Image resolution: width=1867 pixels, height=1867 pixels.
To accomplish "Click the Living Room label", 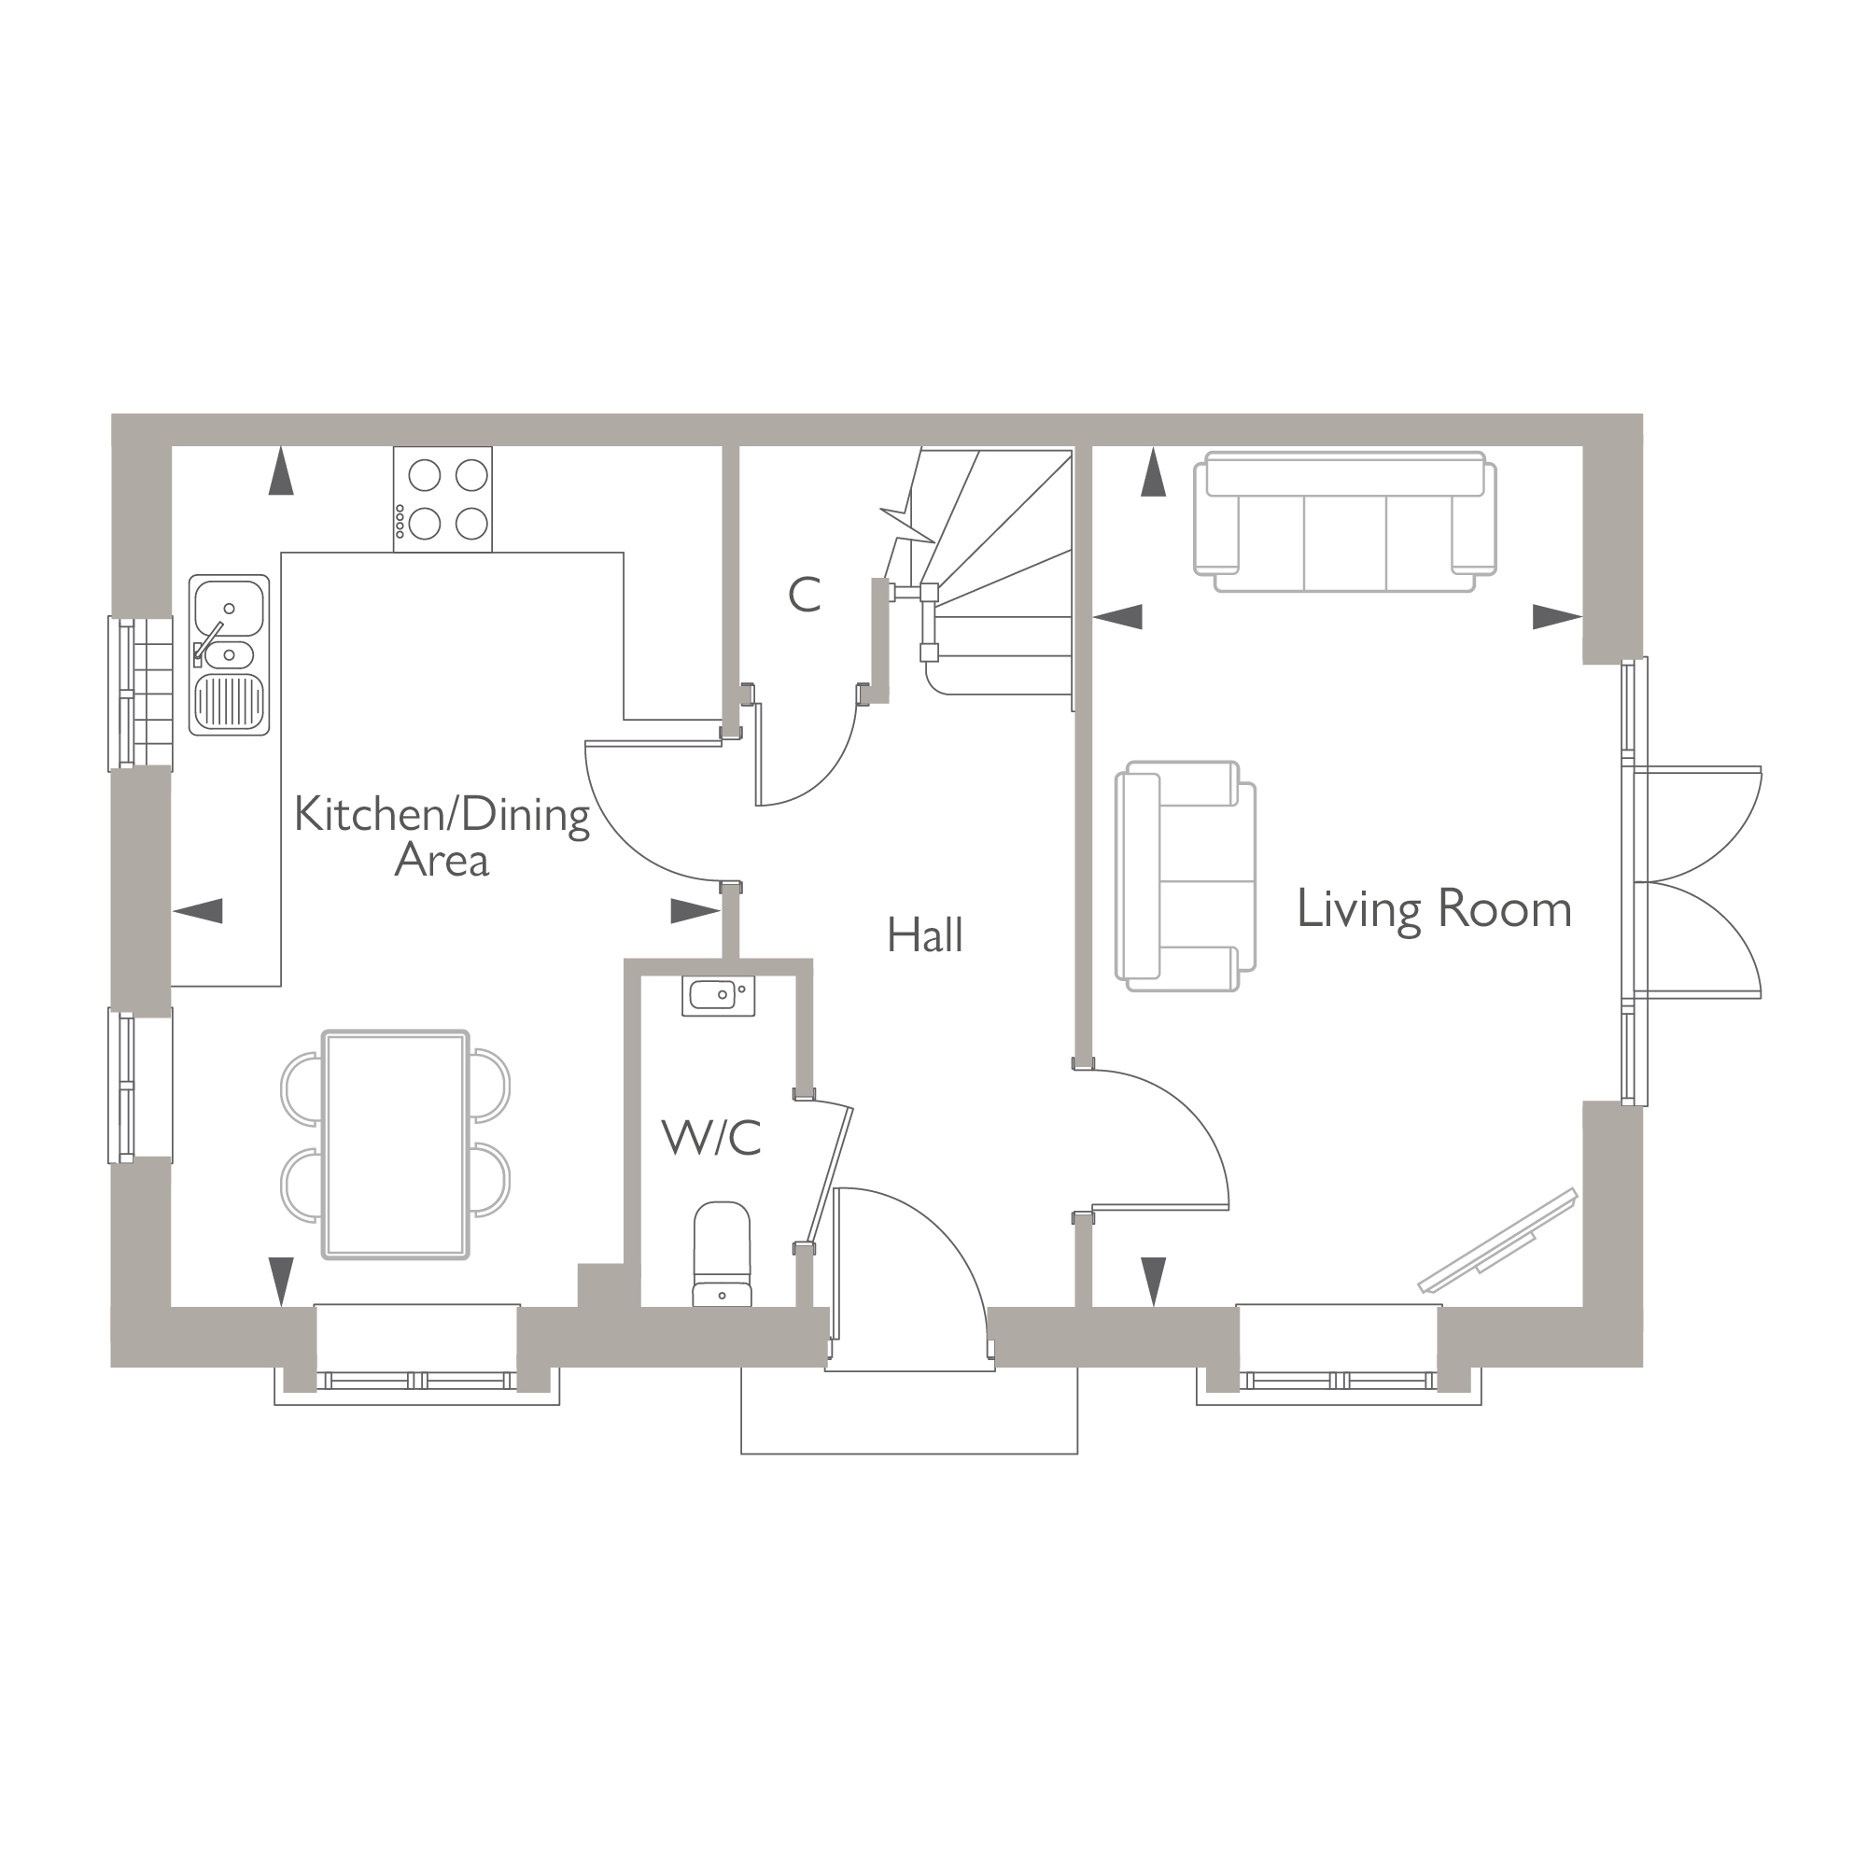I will [x=1433, y=909].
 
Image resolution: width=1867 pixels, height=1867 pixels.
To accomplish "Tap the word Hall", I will [x=925, y=935].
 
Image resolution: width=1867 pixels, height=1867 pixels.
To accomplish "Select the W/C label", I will [x=711, y=1137].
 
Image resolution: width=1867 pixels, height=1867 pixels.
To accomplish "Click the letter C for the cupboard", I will [x=804, y=596].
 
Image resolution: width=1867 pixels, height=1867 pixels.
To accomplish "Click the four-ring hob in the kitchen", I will [x=442, y=499].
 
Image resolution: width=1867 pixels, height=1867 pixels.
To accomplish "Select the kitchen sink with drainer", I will [x=229, y=655].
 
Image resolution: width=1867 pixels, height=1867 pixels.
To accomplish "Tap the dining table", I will [x=395, y=1145].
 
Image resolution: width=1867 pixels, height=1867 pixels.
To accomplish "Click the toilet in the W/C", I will [x=722, y=1256].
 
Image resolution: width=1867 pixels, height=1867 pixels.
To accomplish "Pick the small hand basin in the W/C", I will [x=718, y=995].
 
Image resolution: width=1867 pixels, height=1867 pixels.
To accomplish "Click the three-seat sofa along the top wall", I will [x=1344, y=523].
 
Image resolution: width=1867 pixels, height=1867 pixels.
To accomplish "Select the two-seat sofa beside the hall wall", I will [x=1185, y=876].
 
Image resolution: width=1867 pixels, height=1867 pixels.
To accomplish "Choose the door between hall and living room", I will [x=1159, y=1141].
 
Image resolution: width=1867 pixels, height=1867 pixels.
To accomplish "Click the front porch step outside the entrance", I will [x=908, y=1410].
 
